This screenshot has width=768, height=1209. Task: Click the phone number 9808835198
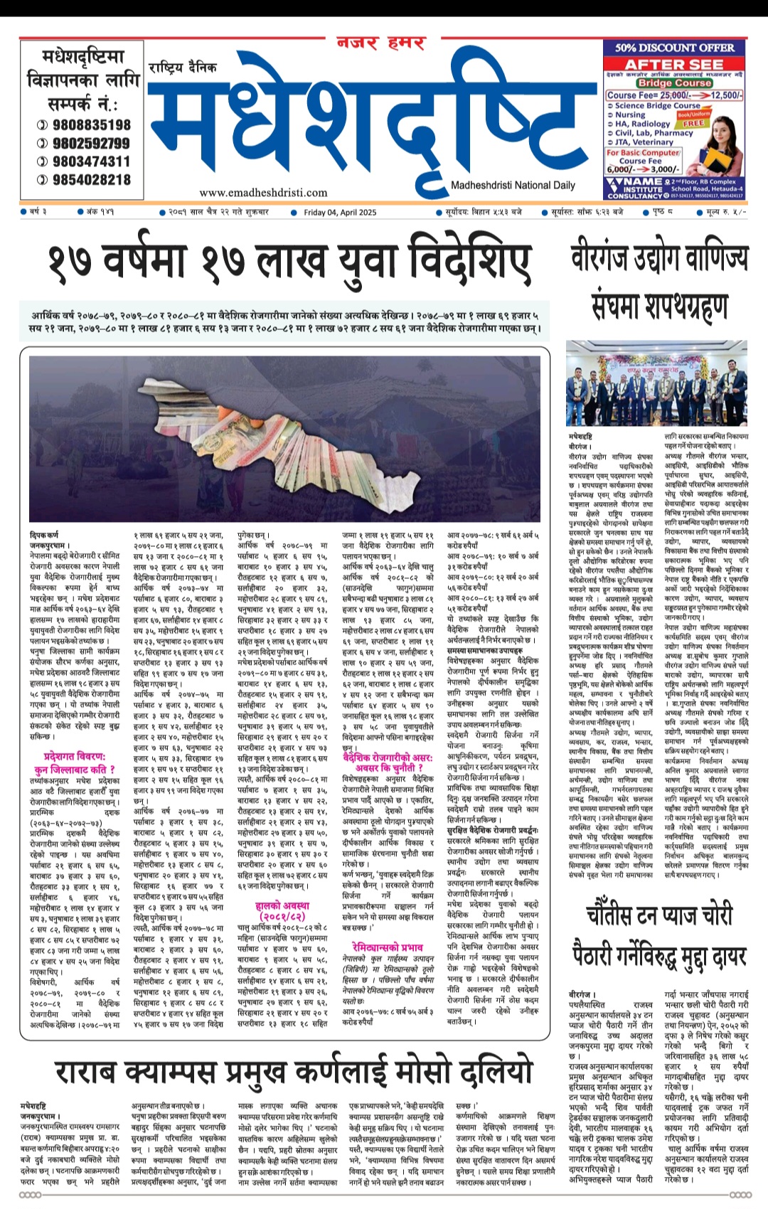click(92, 124)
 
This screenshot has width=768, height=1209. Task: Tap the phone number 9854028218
click(92, 180)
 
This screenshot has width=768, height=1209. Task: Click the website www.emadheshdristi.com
click(263, 192)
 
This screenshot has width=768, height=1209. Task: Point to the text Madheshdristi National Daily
click(513, 186)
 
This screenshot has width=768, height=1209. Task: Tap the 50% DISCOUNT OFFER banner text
click(674, 48)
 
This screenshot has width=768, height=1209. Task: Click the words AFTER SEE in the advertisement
click(674, 64)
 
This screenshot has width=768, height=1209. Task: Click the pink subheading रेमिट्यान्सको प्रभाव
click(387, 947)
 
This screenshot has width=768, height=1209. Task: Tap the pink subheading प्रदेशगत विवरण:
click(75, 757)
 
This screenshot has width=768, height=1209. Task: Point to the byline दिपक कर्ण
click(44, 535)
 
